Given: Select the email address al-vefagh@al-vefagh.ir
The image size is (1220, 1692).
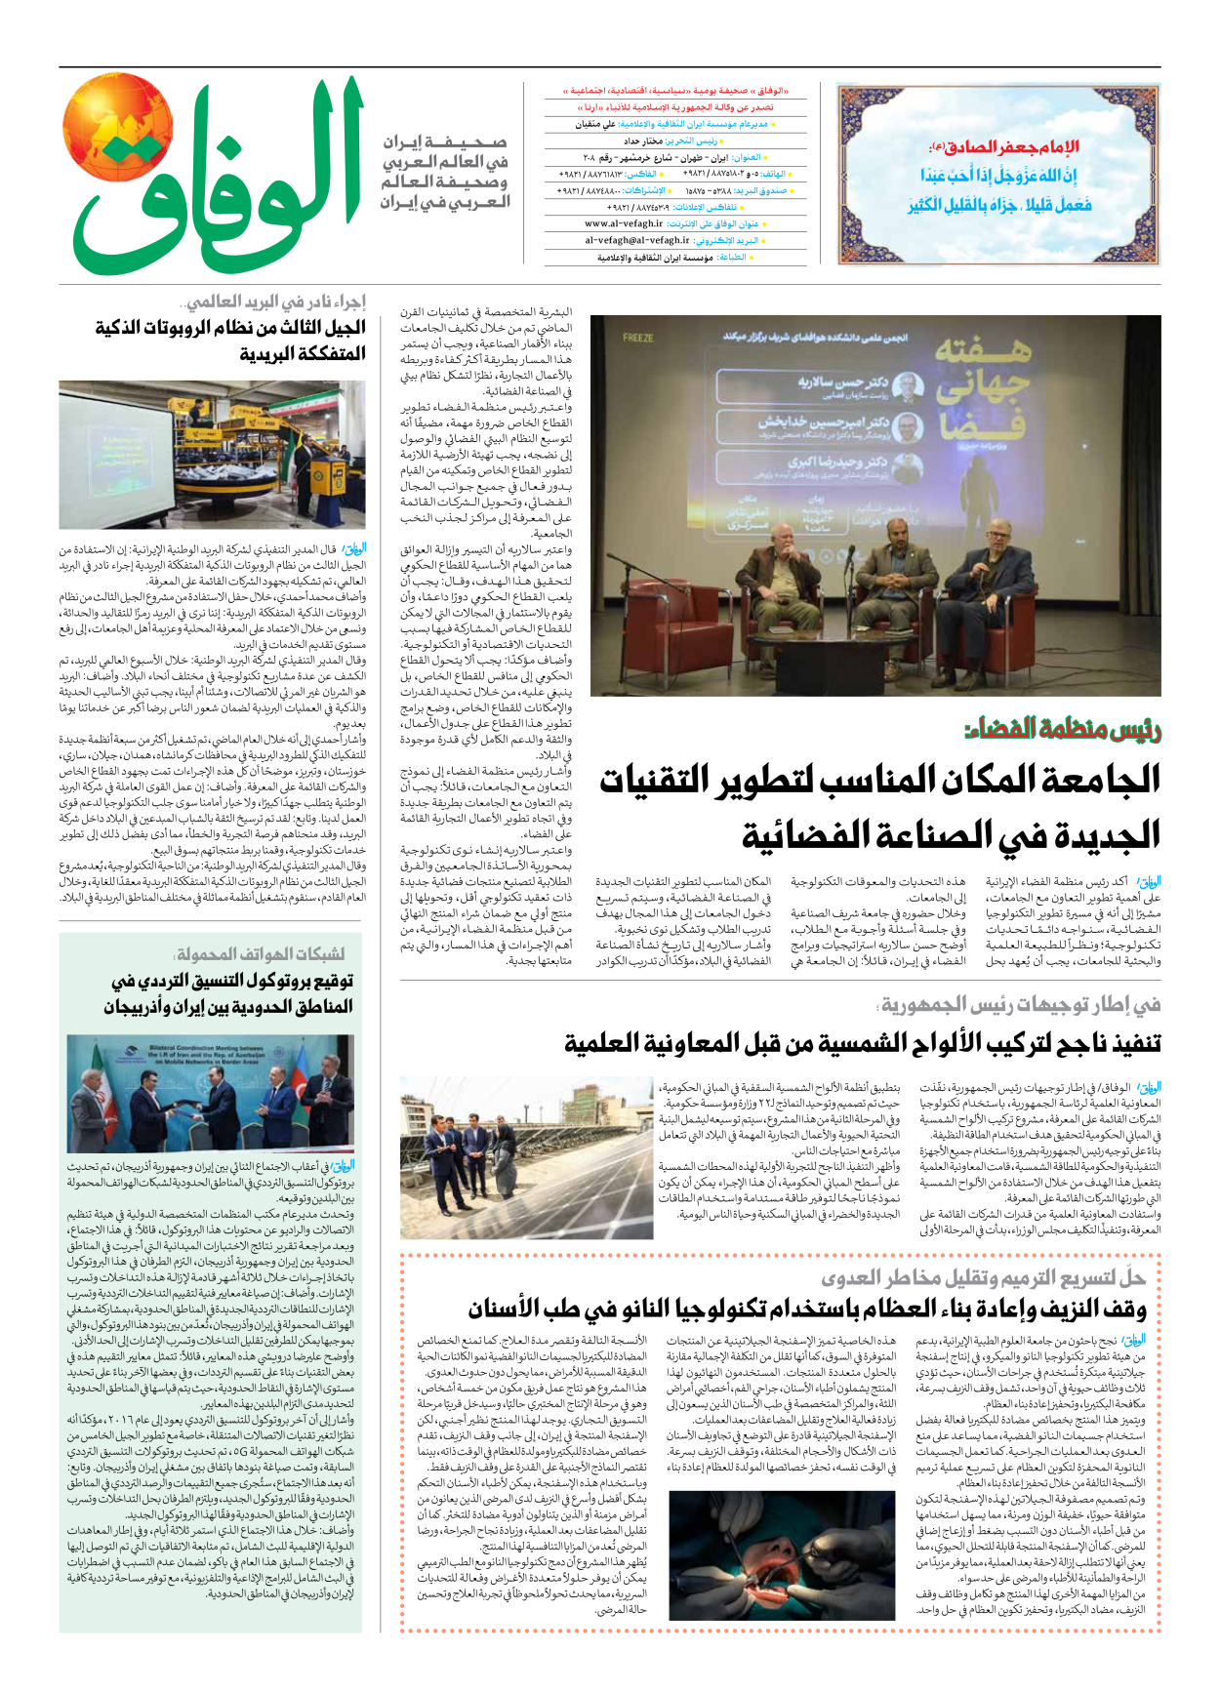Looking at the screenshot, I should (637, 240).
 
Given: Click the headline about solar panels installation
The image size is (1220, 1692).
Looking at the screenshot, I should (863, 1043).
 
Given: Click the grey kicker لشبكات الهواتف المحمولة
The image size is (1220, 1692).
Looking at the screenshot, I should (260, 953).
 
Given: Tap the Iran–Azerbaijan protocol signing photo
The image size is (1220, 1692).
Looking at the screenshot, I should (211, 1092).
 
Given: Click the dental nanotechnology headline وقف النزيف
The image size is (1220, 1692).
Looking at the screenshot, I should (806, 1309).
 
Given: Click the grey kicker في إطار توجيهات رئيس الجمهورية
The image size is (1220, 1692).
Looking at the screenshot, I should (1020, 1004).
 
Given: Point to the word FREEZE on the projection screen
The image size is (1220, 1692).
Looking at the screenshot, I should (637, 338).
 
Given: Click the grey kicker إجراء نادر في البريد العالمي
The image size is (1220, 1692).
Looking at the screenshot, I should (276, 302).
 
